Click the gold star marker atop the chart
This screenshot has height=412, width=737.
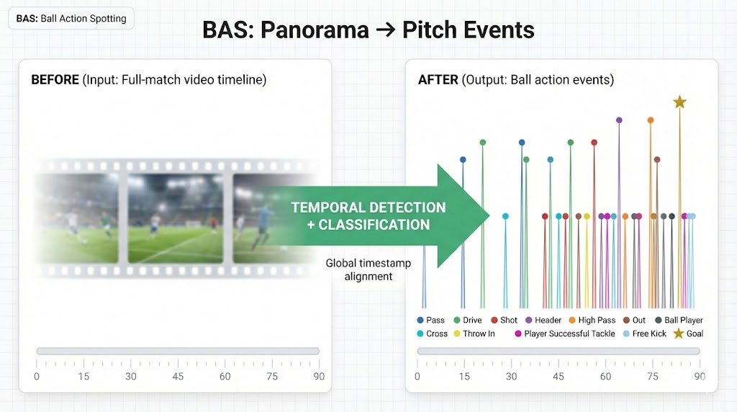[679, 102]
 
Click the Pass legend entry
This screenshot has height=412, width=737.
[431, 320]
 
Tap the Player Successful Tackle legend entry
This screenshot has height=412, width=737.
[564, 333]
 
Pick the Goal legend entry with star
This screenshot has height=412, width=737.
[688, 333]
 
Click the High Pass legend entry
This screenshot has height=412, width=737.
[591, 320]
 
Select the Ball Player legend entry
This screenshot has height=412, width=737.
[677, 320]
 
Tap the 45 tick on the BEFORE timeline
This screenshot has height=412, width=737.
[178, 376]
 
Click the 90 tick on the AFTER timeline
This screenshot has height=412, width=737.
[699, 376]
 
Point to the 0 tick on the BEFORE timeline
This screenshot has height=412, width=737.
[37, 376]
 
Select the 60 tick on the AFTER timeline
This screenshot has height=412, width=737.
[605, 376]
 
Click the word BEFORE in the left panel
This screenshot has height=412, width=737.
[55, 80]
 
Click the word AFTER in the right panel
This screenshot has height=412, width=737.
[438, 80]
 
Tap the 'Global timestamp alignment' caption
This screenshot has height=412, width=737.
[368, 269]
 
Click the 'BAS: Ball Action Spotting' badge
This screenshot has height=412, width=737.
[71, 19]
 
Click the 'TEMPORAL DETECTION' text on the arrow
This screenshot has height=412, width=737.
[368, 207]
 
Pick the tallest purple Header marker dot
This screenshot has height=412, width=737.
[619, 120]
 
